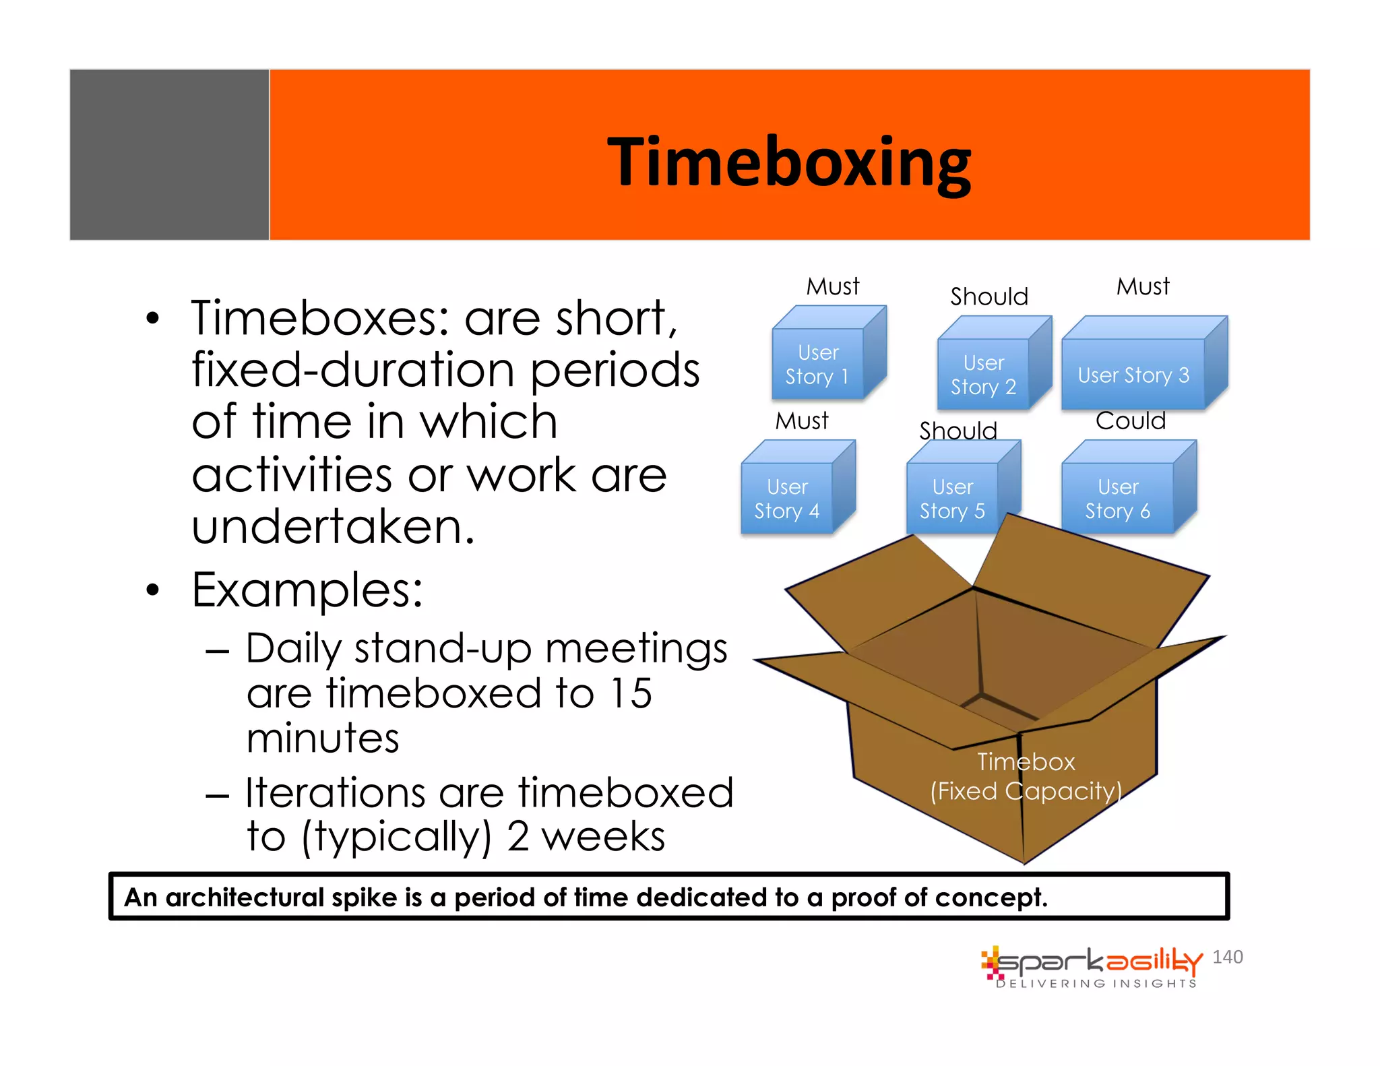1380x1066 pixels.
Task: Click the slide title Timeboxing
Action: tap(788, 162)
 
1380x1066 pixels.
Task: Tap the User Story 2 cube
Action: tap(983, 375)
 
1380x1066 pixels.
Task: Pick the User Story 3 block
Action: tap(1134, 375)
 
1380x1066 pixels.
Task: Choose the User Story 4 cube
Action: tap(787, 499)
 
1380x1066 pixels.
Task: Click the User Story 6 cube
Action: tap(1118, 499)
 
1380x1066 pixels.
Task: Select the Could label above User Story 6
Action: tap(1130, 421)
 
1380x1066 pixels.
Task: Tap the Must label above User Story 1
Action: tap(833, 286)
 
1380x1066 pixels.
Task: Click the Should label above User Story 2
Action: tap(989, 296)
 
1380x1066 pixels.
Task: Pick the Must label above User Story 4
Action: tap(801, 421)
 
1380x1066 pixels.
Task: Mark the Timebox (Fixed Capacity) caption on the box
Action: tap(1026, 776)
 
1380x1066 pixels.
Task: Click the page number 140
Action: tap(1227, 957)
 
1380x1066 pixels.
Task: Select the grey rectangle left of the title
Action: tap(170, 155)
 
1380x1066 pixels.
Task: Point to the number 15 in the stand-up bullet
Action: tap(631, 693)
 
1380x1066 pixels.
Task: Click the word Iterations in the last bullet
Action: tap(335, 792)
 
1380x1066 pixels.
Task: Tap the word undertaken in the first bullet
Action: tap(333, 527)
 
